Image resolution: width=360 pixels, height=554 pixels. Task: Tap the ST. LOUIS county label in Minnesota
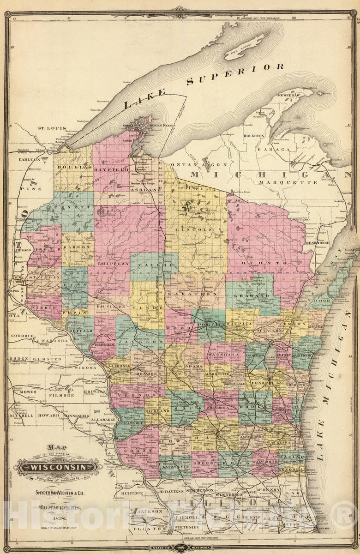click(52, 128)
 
